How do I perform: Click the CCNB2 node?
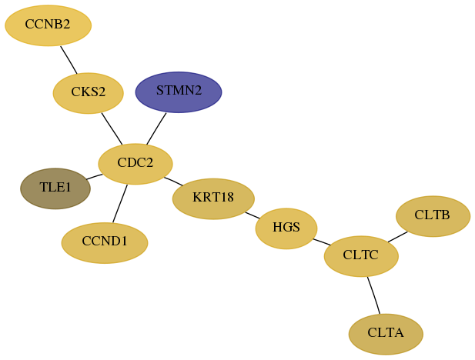pos(49,25)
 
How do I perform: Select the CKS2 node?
pos(89,93)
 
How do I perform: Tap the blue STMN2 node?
pos(179,92)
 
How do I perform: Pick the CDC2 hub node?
pos(135,164)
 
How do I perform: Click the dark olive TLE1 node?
pos(55,188)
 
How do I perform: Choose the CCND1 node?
pos(105,243)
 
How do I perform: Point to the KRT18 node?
pos(213,198)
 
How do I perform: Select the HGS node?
pos(286,228)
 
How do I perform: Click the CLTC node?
pos(361,256)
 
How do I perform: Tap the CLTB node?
pos(433,216)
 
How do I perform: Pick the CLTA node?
pos(386,335)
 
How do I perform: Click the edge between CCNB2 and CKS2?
pos(69,60)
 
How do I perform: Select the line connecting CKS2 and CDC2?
pos(112,128)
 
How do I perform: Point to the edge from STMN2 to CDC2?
pos(156,128)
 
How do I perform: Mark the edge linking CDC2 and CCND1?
pos(120,204)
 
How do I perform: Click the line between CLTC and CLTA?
pos(373,295)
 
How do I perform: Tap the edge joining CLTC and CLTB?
pos(398,237)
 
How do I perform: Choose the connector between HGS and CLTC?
pos(322,242)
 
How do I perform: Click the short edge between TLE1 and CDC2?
pos(94,177)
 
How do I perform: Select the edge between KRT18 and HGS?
pos(253,215)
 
